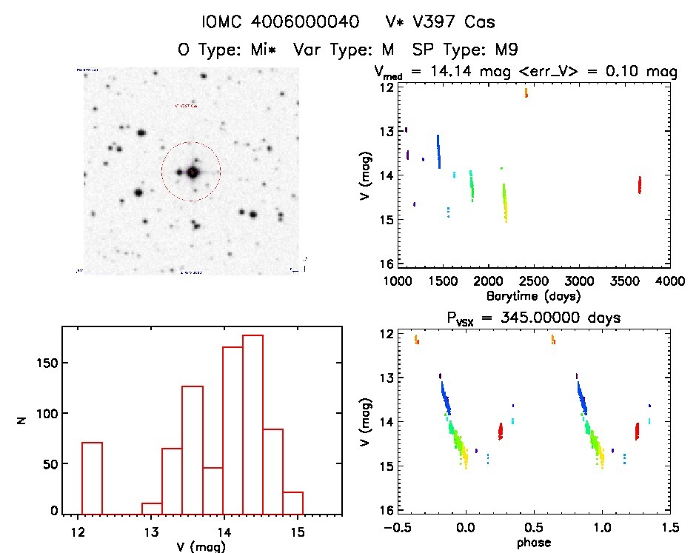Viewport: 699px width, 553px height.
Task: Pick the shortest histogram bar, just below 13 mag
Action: coord(152,507)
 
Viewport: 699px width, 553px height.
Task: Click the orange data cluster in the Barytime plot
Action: coord(526,93)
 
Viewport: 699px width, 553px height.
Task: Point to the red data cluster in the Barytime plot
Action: coord(639,184)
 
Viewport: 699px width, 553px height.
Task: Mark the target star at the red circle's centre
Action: coord(193,172)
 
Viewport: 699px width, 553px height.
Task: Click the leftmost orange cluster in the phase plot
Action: coord(417,340)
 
